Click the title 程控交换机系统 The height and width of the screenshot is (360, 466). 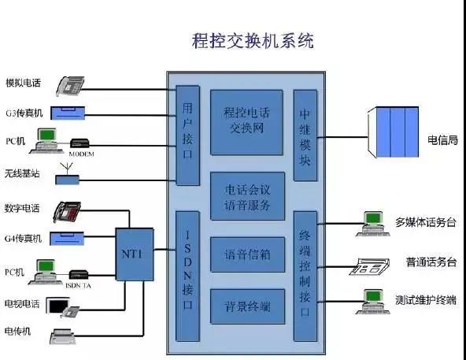pos(253,41)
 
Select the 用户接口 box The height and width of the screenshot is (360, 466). pos(187,135)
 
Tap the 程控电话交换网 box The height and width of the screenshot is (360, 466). pos(246,122)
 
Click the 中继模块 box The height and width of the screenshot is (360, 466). pos(305,135)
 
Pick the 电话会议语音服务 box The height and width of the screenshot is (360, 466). pos(246,197)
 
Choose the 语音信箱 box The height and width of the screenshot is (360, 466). pos(246,254)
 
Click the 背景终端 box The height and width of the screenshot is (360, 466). pos(246,305)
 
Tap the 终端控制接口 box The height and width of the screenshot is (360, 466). pos(305,275)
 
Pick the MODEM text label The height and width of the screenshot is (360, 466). pos(81,154)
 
